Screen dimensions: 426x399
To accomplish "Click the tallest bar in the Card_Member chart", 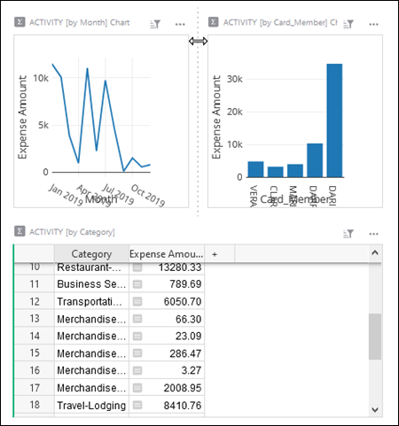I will tap(334, 120).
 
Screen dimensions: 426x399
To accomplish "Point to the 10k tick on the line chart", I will tap(42, 78).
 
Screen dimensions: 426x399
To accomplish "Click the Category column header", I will tap(90, 254).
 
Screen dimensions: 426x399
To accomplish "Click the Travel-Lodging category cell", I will tap(90, 405).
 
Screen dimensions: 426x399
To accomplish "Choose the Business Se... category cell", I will tap(90, 284).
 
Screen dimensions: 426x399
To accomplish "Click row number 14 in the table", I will tap(35, 336).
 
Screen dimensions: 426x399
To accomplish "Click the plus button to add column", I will tap(214, 254).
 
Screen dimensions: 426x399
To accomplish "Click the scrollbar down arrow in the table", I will tap(375, 409).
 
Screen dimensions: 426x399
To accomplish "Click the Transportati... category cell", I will tap(90, 301).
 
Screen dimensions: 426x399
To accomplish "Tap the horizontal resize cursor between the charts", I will tap(199, 42).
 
